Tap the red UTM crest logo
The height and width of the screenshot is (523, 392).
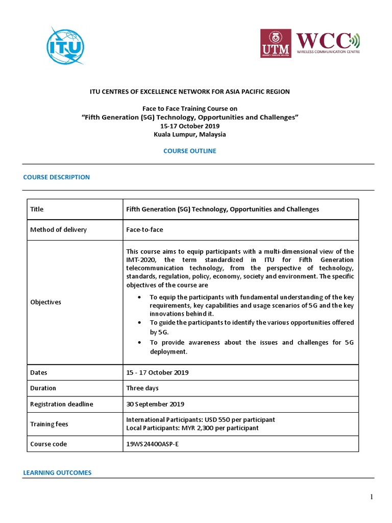pos(276,43)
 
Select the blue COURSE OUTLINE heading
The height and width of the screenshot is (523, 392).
pos(189,151)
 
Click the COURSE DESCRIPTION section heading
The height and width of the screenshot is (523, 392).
pos(57,177)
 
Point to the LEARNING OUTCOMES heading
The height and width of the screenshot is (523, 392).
pos(57,473)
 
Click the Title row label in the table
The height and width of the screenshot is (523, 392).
pos(37,209)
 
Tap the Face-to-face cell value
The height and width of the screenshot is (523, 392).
pos(145,229)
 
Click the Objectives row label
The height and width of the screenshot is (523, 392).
pos(46,302)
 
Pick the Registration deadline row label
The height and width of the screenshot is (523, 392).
pos(62,404)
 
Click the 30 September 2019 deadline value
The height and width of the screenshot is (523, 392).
pos(155,404)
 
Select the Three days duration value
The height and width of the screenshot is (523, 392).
pos(142,388)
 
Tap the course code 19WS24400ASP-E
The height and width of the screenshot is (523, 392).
pos(153,444)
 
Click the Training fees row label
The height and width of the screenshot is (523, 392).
pos(49,424)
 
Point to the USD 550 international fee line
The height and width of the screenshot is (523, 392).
pos(201,420)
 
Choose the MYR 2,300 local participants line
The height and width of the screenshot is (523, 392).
pos(192,428)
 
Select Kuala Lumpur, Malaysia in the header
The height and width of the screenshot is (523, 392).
pos(189,135)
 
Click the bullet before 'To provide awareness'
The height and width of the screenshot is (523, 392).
pos(140,342)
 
